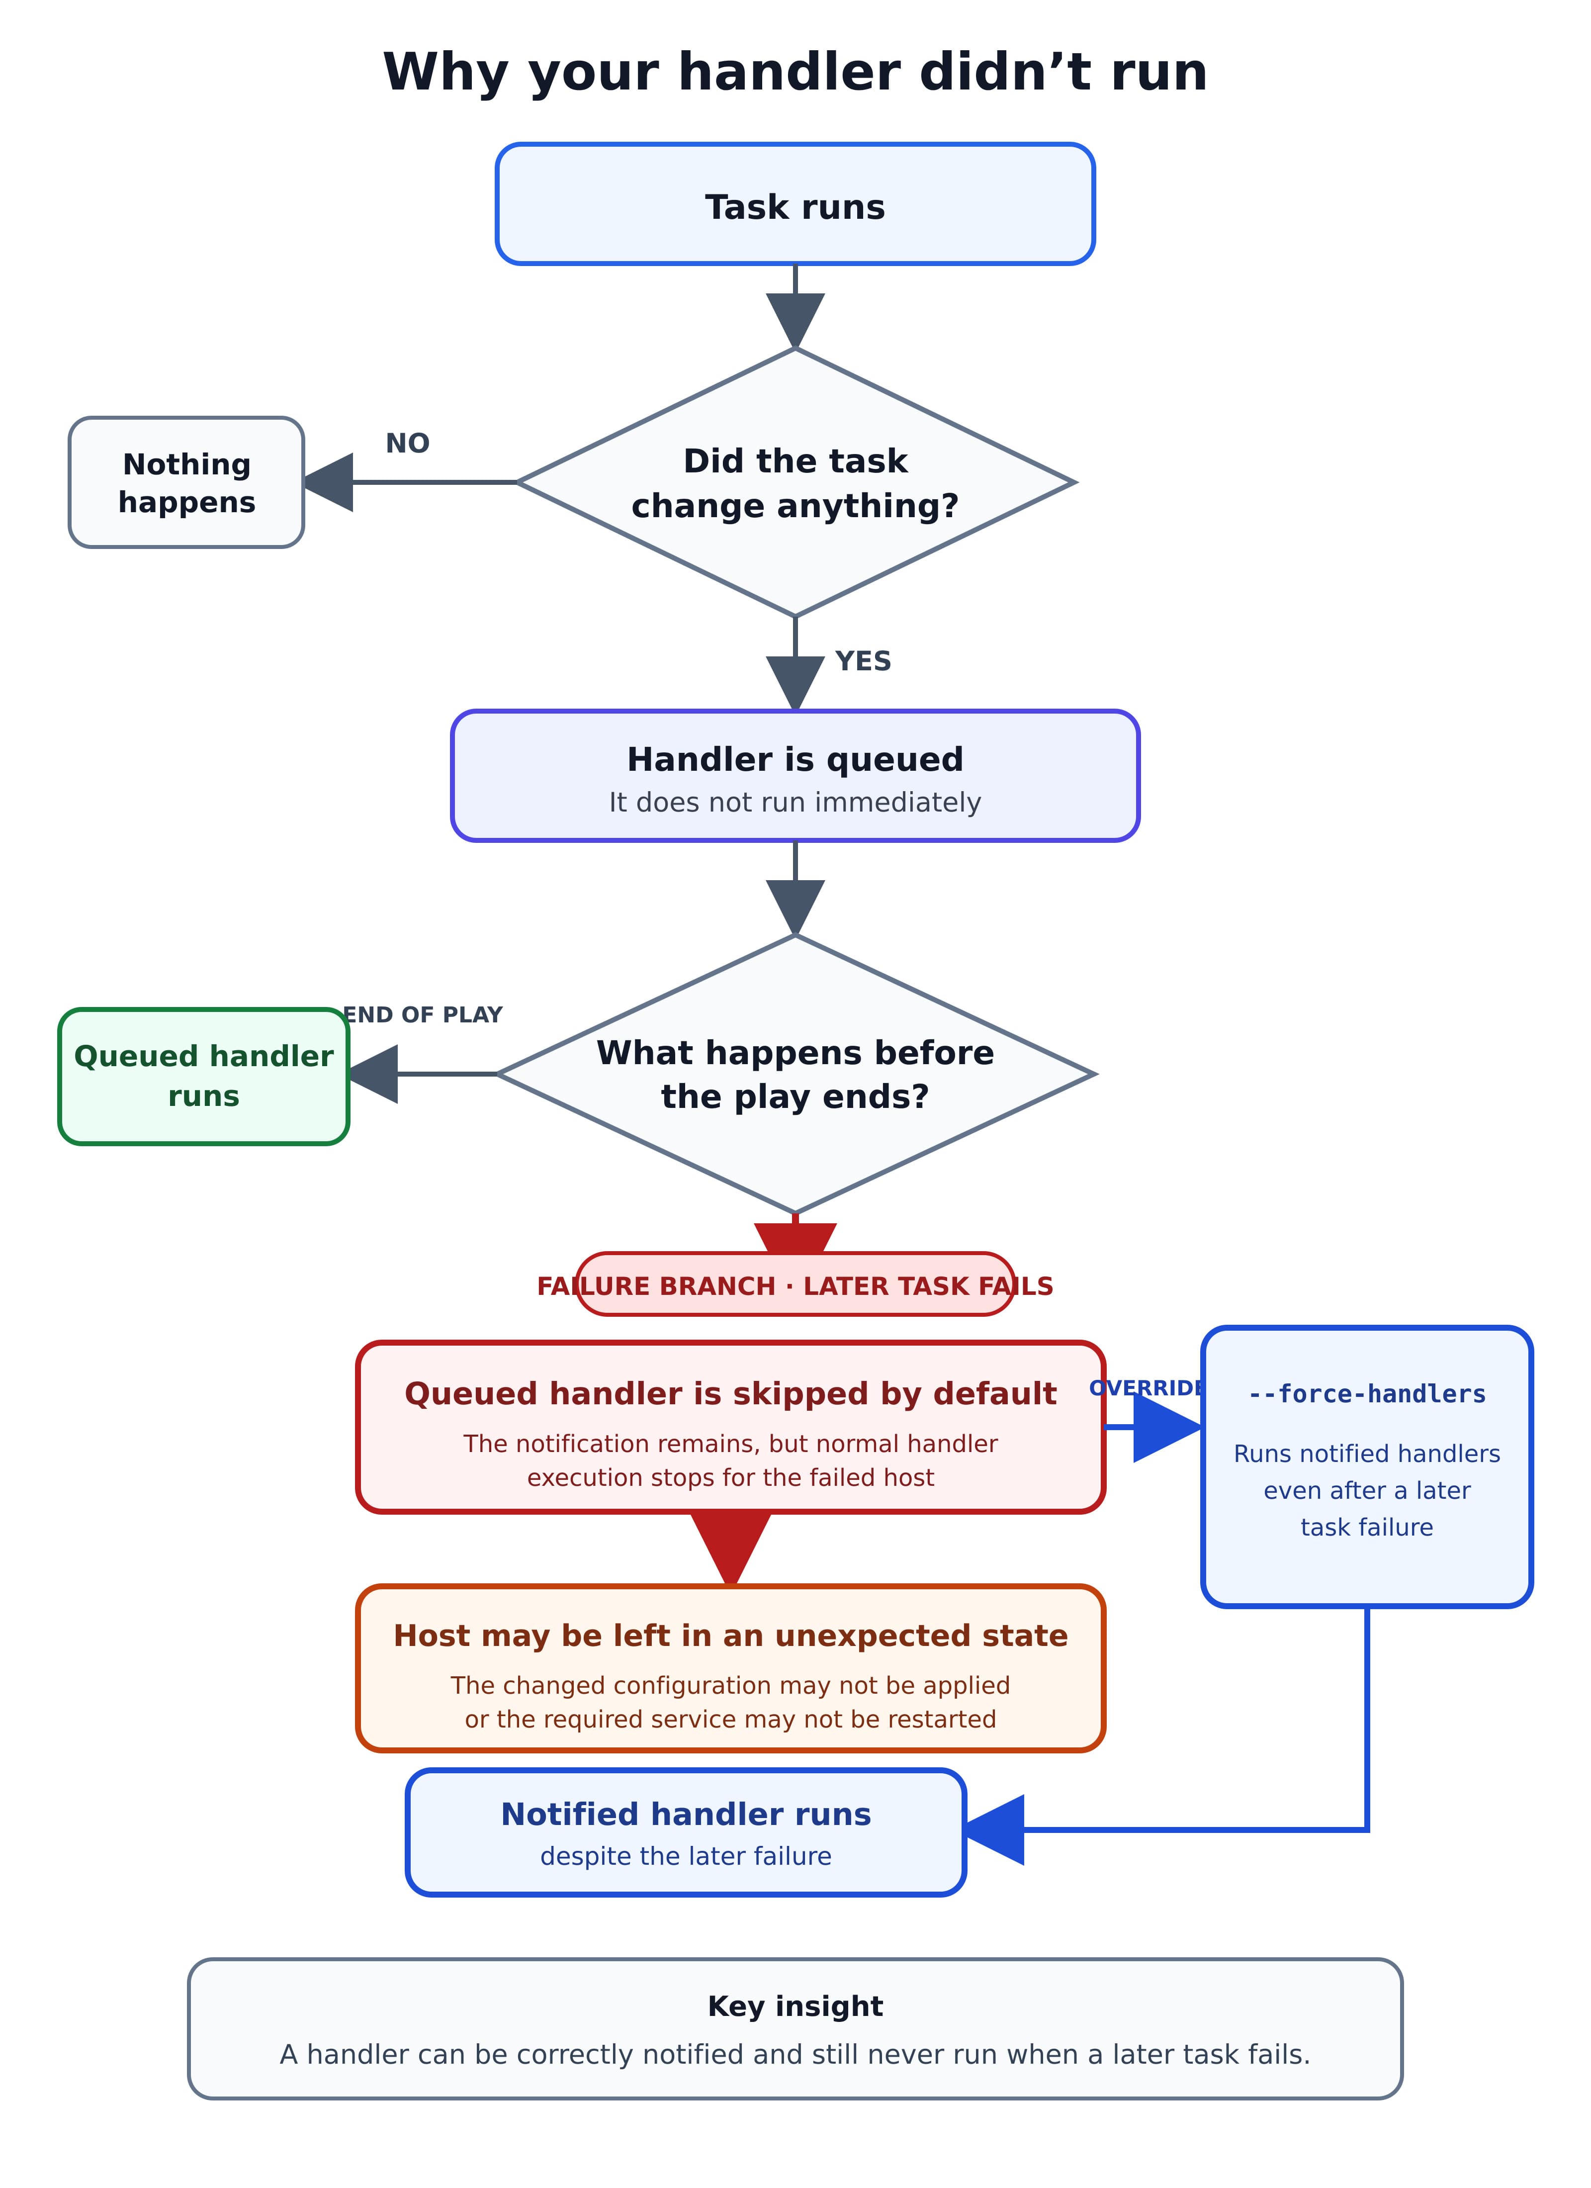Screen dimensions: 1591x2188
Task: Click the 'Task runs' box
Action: pyautogui.click(x=795, y=203)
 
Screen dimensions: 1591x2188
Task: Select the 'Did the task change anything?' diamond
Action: pyautogui.click(x=795, y=482)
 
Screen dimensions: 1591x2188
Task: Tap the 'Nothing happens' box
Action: pyautogui.click(x=186, y=482)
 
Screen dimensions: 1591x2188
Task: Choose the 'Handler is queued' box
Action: pyautogui.click(x=795, y=776)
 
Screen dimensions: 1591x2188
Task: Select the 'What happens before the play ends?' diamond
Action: pyautogui.click(x=795, y=1074)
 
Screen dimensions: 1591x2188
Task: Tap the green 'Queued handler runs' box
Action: pyautogui.click(x=203, y=1077)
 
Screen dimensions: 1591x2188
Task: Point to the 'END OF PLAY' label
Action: pyautogui.click(x=423, y=1015)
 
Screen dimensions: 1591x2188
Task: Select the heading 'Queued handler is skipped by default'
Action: pyautogui.click(x=730, y=1394)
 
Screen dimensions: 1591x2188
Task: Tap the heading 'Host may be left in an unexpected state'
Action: pyautogui.click(x=730, y=1636)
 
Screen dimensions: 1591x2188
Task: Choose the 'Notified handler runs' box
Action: pyautogui.click(x=686, y=1832)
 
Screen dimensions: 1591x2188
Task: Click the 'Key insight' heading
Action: pyautogui.click(x=795, y=2006)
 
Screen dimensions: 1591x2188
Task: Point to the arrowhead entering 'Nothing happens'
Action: pyautogui.click(x=328, y=482)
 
